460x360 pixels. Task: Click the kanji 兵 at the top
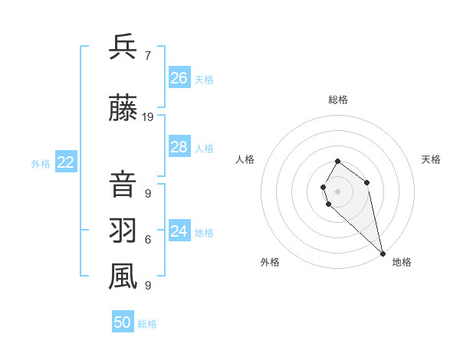coord(123,47)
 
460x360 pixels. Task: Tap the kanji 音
coord(123,186)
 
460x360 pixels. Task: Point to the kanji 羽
coord(123,231)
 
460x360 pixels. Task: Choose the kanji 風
coord(123,277)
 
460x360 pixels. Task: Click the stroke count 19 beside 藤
coord(148,117)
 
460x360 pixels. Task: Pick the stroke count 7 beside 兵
coord(147,55)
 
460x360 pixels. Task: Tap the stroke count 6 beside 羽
coord(147,239)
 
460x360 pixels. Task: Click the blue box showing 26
coord(179,78)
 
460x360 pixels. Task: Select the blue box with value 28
coord(179,147)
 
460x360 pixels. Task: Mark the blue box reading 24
coord(179,231)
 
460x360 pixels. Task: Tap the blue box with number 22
coord(65,162)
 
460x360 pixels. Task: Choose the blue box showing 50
coord(123,322)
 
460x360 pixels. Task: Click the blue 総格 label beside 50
coord(147,324)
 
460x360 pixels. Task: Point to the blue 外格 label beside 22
coord(41,163)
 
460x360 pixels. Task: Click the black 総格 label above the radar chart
coord(338,100)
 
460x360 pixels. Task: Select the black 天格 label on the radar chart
coord(431,159)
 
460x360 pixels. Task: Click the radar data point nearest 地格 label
coord(382,253)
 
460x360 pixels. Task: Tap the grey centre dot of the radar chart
coord(337,190)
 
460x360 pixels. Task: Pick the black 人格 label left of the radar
coord(245,159)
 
